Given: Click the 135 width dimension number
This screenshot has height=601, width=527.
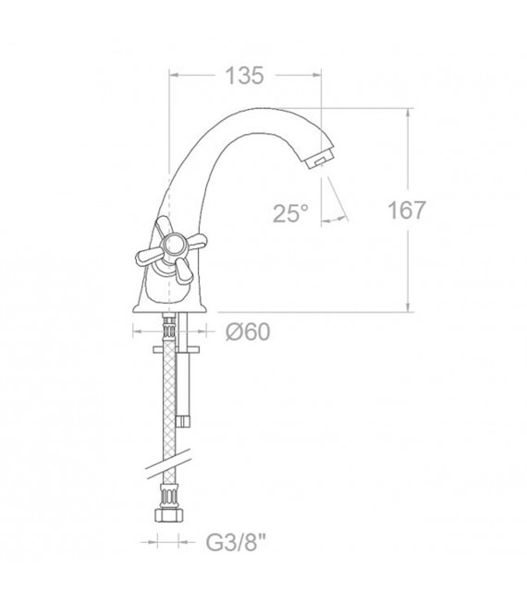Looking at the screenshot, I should pyautogui.click(x=244, y=77).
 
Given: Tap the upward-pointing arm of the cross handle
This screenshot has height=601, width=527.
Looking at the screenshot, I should pyautogui.click(x=164, y=226).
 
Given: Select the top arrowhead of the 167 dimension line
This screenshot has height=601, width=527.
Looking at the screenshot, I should pyautogui.click(x=407, y=113).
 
